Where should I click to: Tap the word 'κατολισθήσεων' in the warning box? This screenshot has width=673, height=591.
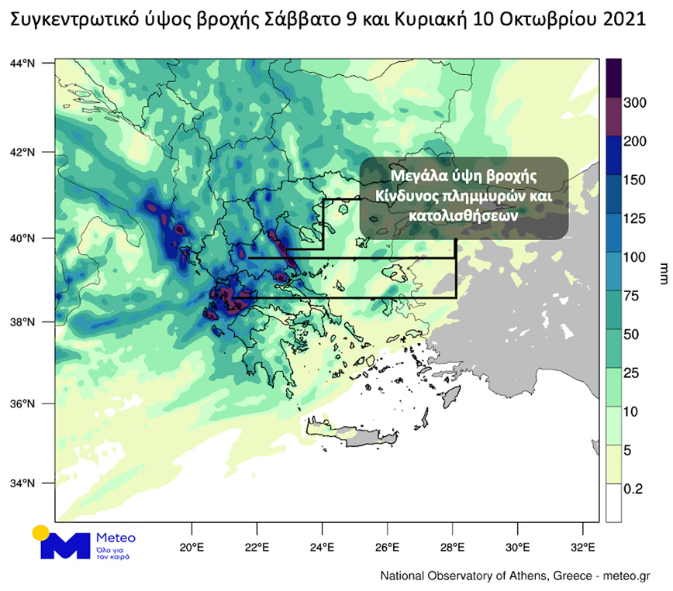click(x=464, y=217)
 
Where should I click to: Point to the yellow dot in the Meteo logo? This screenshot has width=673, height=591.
click(x=40, y=534)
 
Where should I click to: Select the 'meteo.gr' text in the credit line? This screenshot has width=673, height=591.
click(x=629, y=576)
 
